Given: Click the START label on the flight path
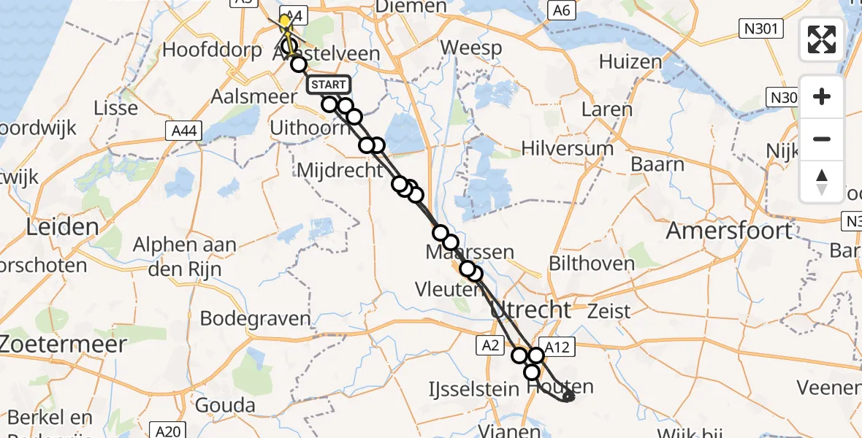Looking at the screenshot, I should pos(329,85).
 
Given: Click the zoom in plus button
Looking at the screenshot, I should pos(822,96).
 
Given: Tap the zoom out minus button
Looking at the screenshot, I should pos(822,139).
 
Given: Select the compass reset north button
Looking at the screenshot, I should pos(822,182).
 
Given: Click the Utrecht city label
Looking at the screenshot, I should pos(530,310).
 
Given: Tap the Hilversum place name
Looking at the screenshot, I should pos(567,148).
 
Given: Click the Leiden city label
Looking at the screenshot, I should pos(62,226).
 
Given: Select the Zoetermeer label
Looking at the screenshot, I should pos(64,342).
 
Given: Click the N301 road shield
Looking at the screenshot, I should pos(760,29).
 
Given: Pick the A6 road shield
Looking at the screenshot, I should pos(561,10).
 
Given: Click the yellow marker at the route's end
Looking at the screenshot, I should pos(285,20).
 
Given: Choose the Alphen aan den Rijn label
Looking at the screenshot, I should pos(185,254).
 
